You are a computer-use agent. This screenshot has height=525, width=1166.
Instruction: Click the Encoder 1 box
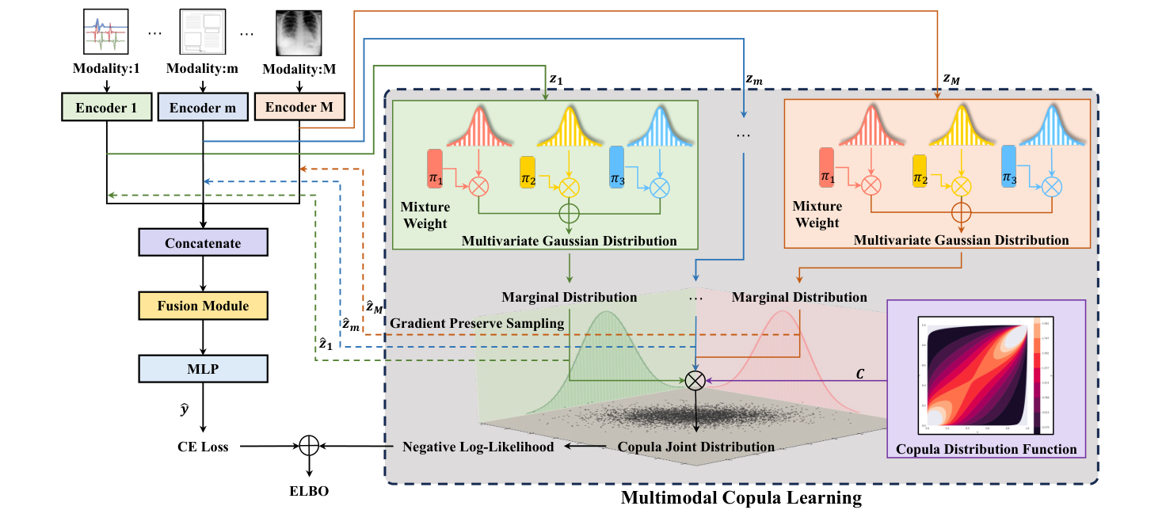point(106,108)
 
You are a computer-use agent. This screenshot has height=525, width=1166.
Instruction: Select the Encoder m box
point(204,108)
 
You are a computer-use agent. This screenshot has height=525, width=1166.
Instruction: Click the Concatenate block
point(203,243)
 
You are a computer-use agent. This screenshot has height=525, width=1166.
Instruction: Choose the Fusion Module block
point(203,306)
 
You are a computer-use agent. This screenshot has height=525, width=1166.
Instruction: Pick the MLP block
point(203,368)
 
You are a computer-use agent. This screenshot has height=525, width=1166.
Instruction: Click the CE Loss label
point(203,447)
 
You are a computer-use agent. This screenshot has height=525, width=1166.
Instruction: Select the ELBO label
point(309,491)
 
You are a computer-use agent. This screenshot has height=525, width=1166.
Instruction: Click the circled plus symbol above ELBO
point(309,447)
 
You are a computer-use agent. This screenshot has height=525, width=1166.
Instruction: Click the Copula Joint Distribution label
point(695,447)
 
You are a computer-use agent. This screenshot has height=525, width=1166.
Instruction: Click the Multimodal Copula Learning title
point(741,498)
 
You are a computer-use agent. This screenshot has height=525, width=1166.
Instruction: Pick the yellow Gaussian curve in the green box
point(566,131)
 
